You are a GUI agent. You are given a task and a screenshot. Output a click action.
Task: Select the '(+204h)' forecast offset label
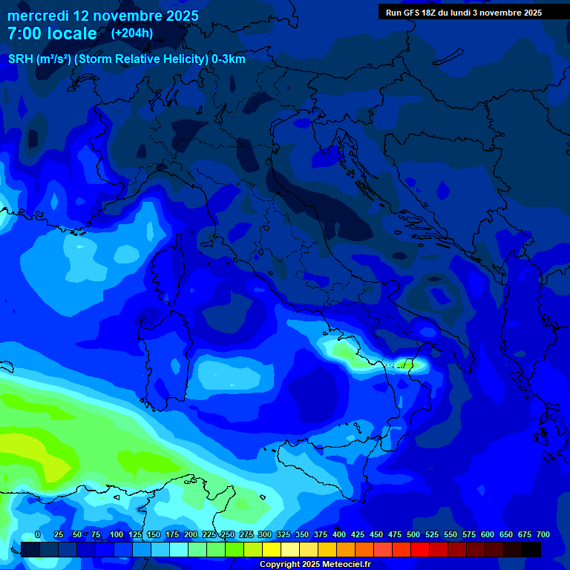131,33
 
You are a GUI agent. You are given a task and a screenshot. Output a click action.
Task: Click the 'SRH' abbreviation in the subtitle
20,59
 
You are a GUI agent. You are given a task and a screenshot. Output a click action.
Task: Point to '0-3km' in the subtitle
229,59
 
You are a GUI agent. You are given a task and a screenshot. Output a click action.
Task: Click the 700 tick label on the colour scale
543,534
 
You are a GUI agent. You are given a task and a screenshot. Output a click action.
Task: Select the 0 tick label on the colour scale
38,534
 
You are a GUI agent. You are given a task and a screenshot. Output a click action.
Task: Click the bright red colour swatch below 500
420,549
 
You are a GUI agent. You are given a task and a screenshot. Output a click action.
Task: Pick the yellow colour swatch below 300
272,549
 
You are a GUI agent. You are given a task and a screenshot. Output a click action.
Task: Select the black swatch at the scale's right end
531,549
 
